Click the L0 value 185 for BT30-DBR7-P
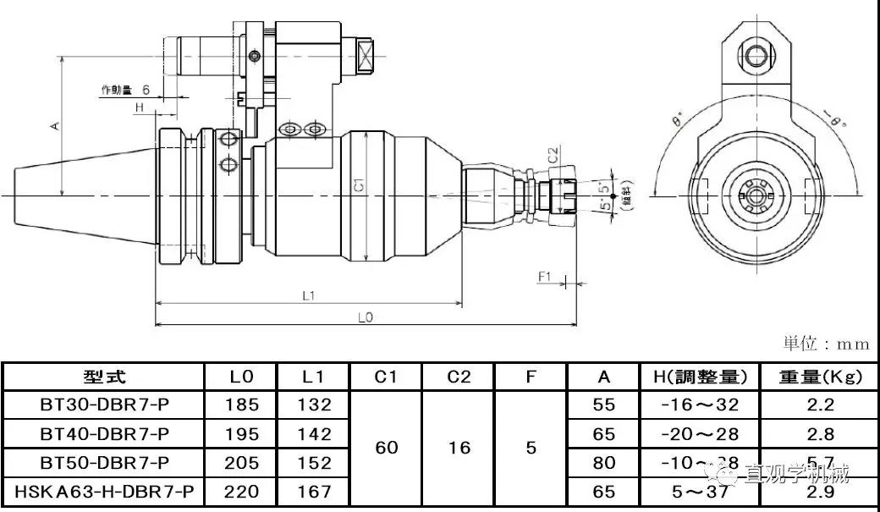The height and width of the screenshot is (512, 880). point(241,405)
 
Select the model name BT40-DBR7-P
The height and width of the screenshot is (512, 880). point(105,434)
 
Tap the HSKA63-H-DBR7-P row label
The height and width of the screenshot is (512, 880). point(105,492)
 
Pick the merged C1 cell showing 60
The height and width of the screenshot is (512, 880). point(386,448)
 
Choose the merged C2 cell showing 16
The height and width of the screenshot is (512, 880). point(459,448)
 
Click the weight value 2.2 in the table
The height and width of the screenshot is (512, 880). point(820,405)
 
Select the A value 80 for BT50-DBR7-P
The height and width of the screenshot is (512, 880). point(604,463)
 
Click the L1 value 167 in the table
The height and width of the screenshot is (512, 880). point(314,492)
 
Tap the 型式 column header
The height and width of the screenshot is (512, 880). point(105,377)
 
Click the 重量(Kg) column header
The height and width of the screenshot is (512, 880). point(820,377)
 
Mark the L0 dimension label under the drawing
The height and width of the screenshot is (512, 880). point(366,317)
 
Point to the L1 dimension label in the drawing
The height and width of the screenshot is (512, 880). point(309,295)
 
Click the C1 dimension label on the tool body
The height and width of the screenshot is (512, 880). point(358,184)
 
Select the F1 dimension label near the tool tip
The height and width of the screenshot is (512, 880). point(544,276)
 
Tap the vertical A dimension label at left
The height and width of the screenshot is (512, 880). point(54,125)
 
